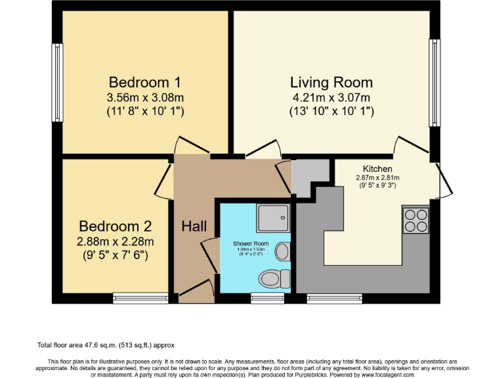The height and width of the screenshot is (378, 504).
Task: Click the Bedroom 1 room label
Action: [x=144, y=83]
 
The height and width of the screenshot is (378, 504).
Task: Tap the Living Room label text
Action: [x=331, y=83]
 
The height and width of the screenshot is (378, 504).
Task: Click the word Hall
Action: [x=194, y=227]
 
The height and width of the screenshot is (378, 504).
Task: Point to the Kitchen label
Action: [x=377, y=169]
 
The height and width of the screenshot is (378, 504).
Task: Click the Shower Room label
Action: [x=251, y=243]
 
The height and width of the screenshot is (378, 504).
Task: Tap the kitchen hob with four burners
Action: [x=415, y=220]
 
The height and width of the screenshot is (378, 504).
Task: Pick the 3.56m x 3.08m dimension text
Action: [x=144, y=98]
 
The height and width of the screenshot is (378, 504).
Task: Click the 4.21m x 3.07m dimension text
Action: [x=331, y=98]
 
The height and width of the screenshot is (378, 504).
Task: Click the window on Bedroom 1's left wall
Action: [x=57, y=83]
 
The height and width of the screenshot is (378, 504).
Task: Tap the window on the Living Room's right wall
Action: [x=434, y=83]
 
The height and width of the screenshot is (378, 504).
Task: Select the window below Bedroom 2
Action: [x=140, y=299]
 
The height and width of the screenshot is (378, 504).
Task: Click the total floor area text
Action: [x=105, y=345]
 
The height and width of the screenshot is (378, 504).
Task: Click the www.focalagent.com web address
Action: [x=386, y=375]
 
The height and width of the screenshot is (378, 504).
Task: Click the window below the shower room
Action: [x=263, y=299]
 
